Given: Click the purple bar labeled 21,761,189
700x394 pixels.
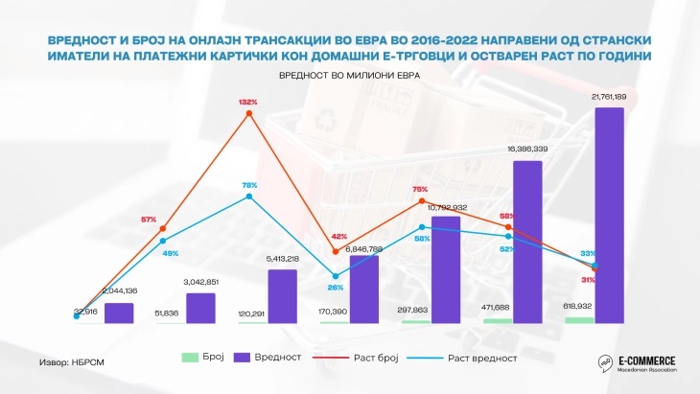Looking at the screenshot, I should [x=610, y=215].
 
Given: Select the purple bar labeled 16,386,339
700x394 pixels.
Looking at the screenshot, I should [x=528, y=242].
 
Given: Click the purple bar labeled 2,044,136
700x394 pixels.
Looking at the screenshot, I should [x=119, y=313].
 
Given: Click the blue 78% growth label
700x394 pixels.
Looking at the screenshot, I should [x=249, y=185].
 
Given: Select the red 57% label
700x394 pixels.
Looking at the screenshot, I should [x=149, y=220].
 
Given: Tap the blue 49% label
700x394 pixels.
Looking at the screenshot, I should [x=171, y=252].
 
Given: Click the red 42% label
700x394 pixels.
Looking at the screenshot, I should [x=338, y=236].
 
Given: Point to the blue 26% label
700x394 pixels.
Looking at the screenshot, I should [x=335, y=287].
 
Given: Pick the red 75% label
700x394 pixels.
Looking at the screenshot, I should [x=420, y=189].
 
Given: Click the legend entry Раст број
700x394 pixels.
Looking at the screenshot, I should [x=376, y=357].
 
